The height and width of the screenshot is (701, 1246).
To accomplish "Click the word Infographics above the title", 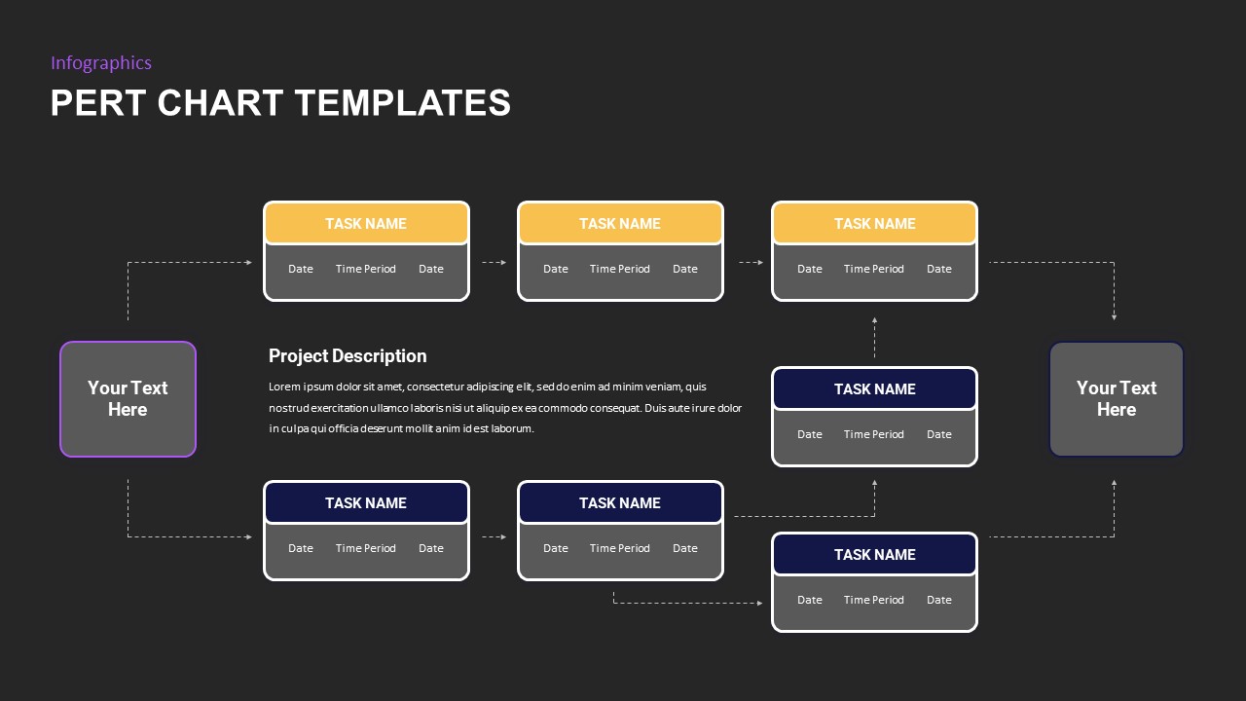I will pyautogui.click(x=101, y=63).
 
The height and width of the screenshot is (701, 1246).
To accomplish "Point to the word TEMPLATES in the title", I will pyautogui.click(x=402, y=103).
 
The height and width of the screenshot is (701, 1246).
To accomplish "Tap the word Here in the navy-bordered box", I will pyautogui.click(x=1117, y=410).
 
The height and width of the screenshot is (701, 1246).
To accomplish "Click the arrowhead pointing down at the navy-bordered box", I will pyautogui.click(x=1115, y=316).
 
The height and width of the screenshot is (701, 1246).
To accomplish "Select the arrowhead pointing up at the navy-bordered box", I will pyautogui.click(x=1115, y=483).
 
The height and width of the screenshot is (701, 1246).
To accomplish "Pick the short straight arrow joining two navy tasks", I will pyautogui.click(x=494, y=536).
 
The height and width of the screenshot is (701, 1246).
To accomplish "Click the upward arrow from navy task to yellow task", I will pyautogui.click(x=874, y=337).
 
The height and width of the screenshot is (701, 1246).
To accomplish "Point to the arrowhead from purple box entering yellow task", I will pyautogui.click(x=249, y=263).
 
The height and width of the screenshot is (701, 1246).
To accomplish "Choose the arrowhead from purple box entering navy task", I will pyautogui.click(x=249, y=536).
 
